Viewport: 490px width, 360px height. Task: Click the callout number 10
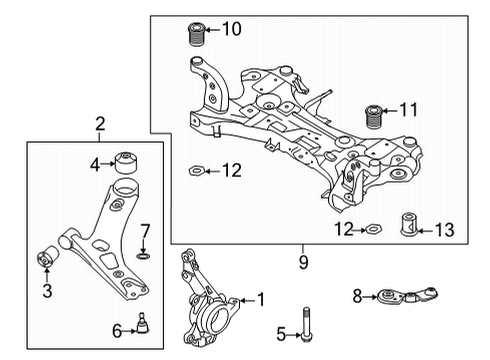click(231, 29)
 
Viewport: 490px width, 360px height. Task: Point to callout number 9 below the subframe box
click(302, 263)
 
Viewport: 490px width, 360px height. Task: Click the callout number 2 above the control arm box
click(99, 125)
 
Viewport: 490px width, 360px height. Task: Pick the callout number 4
click(96, 163)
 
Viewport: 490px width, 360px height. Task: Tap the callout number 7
click(145, 230)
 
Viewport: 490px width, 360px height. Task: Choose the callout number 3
click(46, 291)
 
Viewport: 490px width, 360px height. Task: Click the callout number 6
click(117, 330)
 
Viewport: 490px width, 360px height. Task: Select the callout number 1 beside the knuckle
click(262, 298)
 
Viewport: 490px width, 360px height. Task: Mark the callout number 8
click(358, 295)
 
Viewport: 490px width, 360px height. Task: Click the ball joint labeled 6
click(143, 323)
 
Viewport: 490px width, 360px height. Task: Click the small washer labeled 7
click(144, 255)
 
